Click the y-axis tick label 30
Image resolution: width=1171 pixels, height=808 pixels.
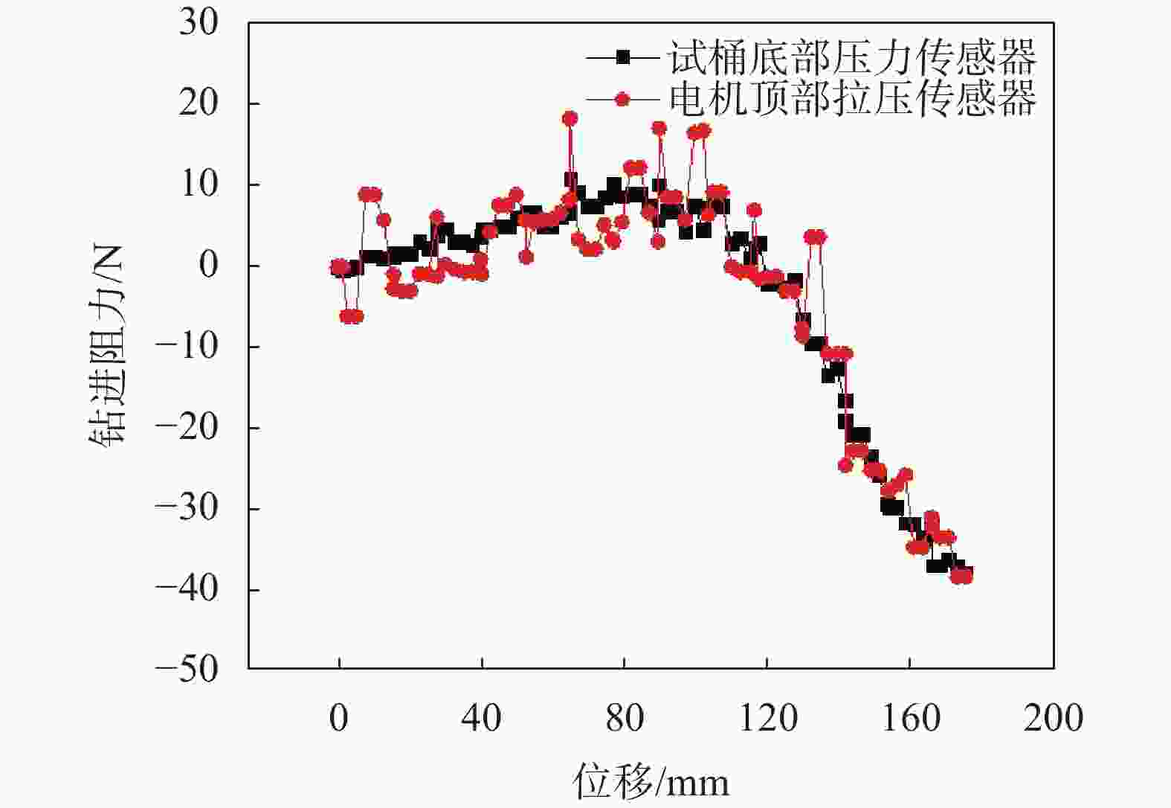click(199, 23)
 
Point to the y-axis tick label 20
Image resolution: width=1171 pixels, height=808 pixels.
click(199, 103)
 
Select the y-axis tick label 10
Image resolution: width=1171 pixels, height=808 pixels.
click(199, 184)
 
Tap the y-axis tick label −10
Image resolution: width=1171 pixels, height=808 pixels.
click(187, 347)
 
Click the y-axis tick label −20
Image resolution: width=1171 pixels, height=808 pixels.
click(187, 428)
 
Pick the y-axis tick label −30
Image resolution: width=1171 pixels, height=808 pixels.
click(187, 509)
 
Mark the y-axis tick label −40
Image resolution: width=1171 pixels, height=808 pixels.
click(187, 589)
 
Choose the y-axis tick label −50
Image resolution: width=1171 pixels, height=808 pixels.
click(187, 669)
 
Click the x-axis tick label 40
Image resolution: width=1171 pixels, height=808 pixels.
click(481, 719)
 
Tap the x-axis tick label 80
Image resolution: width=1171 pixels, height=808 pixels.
click(624, 719)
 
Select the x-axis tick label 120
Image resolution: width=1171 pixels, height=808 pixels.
click(767, 719)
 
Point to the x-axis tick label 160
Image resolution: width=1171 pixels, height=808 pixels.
click(910, 719)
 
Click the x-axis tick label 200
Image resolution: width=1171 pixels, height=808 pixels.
click(1053, 719)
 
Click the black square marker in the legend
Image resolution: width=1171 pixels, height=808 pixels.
click(623, 57)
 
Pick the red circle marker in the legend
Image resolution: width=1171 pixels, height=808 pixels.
click(622, 99)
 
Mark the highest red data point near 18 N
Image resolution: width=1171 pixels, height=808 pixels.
click(570, 118)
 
